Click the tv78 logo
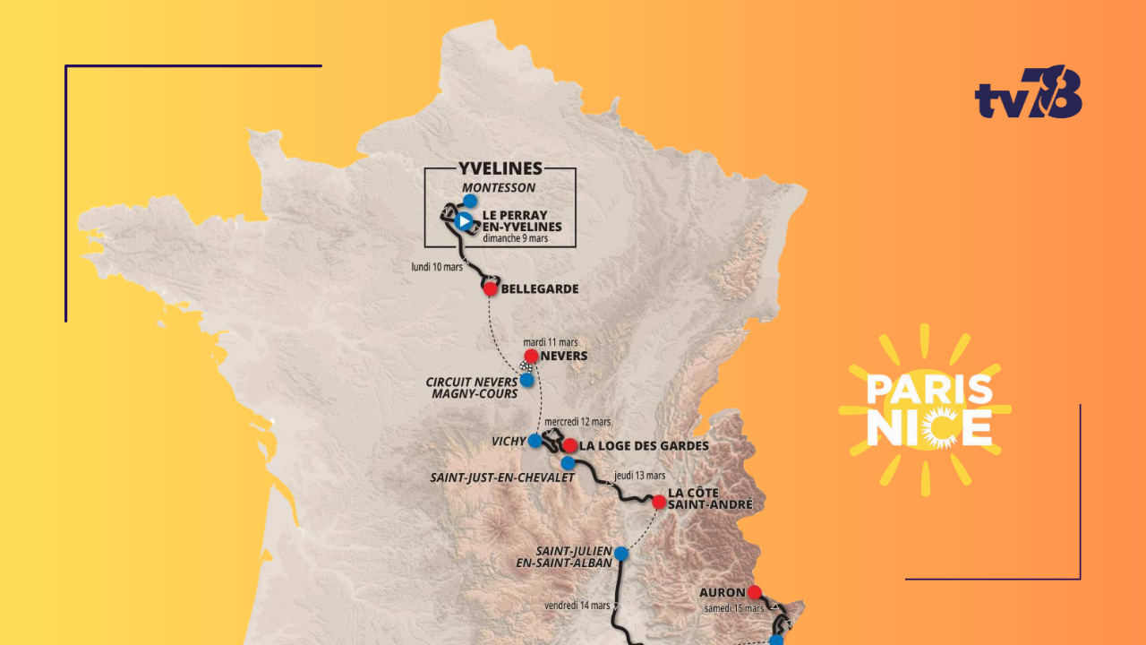click(x=1028, y=92)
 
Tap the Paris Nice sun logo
click(x=928, y=410)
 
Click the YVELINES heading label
click(x=500, y=168)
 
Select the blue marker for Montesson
click(x=470, y=202)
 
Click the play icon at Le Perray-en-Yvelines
click(x=463, y=220)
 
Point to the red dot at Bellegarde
click(x=490, y=288)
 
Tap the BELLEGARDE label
click(x=540, y=289)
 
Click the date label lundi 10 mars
click(x=437, y=267)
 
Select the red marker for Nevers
click(x=531, y=356)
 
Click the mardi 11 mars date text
click(x=551, y=342)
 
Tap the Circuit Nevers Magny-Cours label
click(x=471, y=388)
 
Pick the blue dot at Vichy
click(x=535, y=441)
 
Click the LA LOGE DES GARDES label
click(x=644, y=446)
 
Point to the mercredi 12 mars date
click(x=577, y=422)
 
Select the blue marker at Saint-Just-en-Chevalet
click(x=568, y=463)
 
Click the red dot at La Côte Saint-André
click(x=659, y=503)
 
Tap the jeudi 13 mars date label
click(x=639, y=476)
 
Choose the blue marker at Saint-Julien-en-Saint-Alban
click(x=620, y=554)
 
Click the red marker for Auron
click(x=755, y=592)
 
